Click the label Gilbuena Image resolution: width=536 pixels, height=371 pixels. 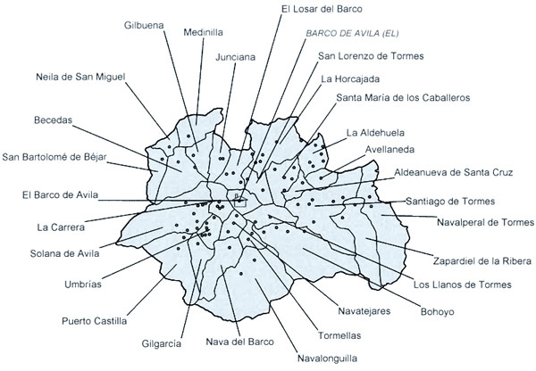coord(144,25)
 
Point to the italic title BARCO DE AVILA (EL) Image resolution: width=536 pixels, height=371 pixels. coord(349,35)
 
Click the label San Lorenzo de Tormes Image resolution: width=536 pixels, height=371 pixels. coord(370,56)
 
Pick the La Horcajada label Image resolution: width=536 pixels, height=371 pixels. coord(349,78)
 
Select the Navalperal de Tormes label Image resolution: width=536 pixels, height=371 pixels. coord(484,221)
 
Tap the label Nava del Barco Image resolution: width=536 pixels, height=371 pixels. coord(240,341)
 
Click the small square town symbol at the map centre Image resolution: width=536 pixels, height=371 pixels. coord(239,202)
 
